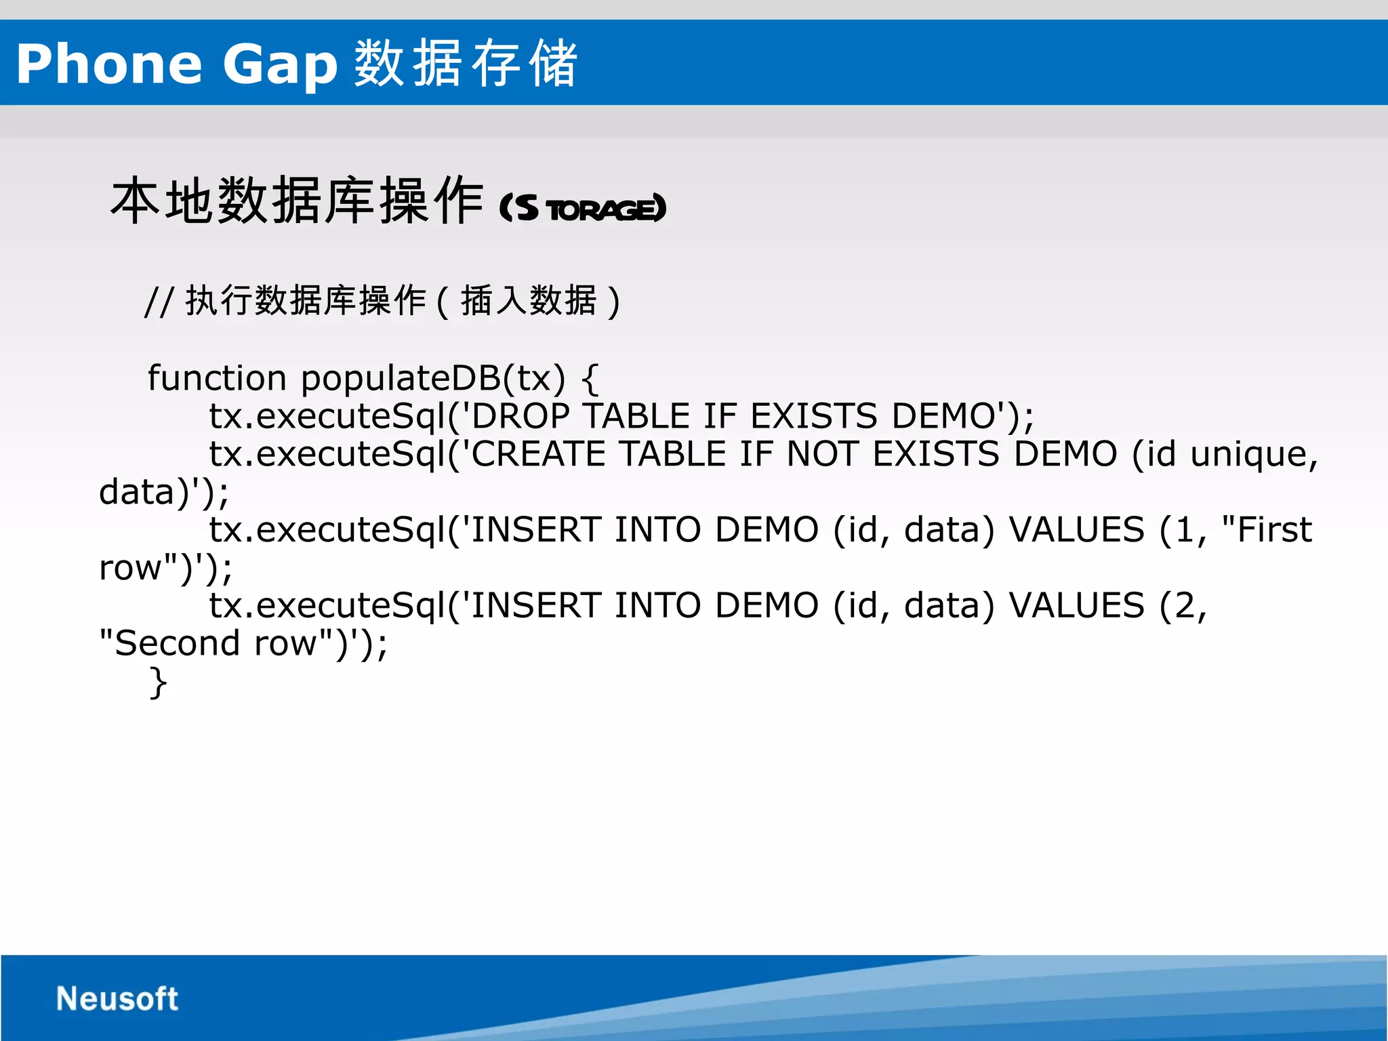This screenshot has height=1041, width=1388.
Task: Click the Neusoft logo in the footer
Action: click(117, 998)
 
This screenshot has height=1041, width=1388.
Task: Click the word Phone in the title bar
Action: click(109, 64)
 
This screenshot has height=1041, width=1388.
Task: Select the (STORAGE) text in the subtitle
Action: click(583, 208)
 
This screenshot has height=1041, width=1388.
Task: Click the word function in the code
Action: click(217, 378)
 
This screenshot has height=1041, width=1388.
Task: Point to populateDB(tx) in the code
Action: click(432, 378)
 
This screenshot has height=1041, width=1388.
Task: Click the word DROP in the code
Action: click(520, 416)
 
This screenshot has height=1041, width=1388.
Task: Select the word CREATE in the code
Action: click(538, 454)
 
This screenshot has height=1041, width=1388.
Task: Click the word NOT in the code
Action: click(821, 454)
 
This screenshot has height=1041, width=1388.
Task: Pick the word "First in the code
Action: click(1266, 529)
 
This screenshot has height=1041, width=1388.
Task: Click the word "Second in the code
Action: click(169, 643)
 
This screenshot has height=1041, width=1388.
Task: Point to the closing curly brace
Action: click(158, 682)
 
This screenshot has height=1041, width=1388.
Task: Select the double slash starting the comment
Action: click(159, 302)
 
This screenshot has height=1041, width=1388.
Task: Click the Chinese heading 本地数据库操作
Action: click(297, 201)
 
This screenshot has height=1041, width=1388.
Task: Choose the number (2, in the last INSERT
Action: click(1183, 606)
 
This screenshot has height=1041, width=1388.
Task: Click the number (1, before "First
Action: click(1183, 530)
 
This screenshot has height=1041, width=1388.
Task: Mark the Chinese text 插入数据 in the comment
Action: click(529, 301)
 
